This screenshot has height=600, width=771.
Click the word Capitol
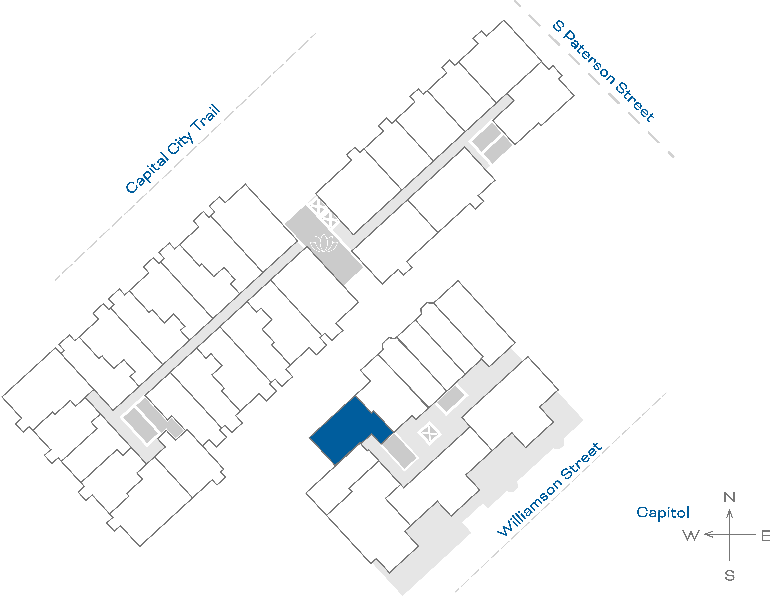click(663, 512)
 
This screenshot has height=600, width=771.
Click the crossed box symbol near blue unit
click(429, 433)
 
